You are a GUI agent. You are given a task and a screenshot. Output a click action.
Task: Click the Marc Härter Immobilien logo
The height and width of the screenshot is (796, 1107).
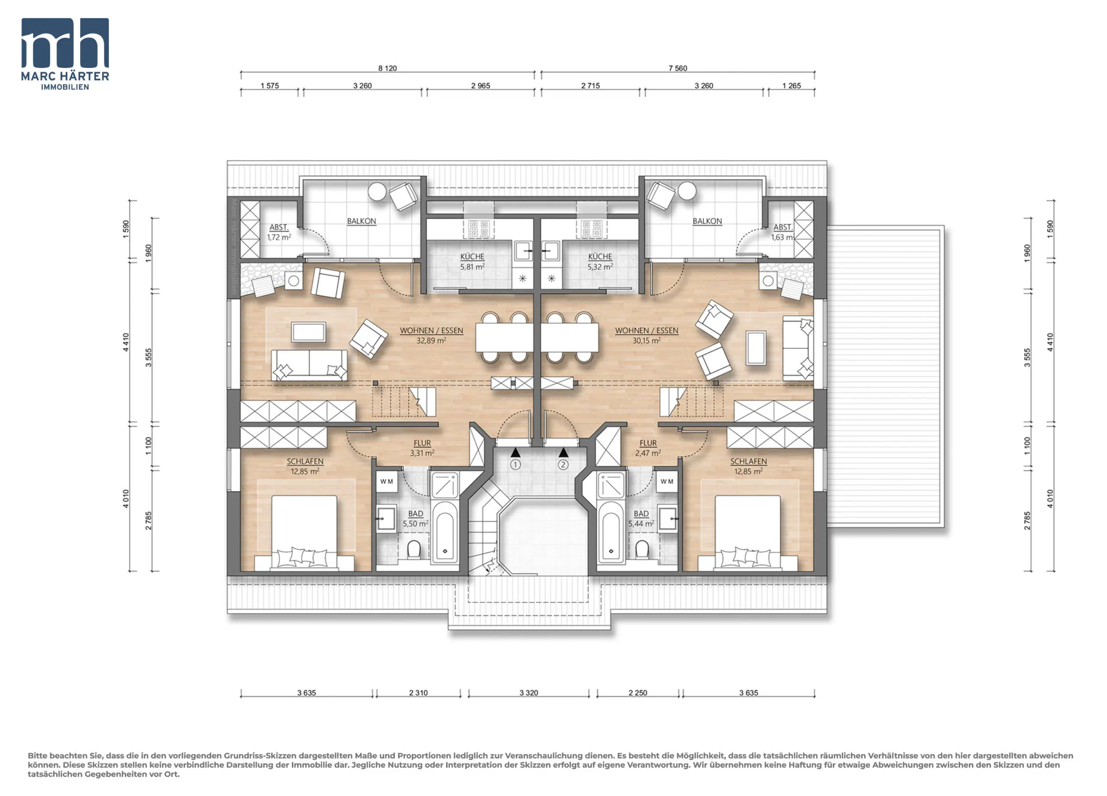(65, 54)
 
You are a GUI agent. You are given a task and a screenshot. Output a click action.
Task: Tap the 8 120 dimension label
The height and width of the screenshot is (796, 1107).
(387, 68)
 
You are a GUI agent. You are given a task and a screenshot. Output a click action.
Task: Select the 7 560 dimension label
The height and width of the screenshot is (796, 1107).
(678, 68)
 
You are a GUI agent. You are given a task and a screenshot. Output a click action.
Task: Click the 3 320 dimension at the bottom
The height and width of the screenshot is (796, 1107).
(528, 693)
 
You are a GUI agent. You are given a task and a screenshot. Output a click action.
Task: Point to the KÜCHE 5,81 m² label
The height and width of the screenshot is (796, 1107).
(472, 262)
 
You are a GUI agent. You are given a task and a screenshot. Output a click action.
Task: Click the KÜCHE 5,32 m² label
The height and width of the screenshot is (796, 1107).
(600, 262)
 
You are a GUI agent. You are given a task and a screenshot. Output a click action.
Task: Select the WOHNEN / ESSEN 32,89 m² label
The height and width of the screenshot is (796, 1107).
(432, 335)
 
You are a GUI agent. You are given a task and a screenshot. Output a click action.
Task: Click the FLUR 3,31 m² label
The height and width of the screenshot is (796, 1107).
(422, 448)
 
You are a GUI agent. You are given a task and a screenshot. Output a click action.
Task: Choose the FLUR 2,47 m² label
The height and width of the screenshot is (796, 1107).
(648, 448)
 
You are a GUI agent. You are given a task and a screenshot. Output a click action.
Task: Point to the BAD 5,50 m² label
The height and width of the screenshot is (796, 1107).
(416, 519)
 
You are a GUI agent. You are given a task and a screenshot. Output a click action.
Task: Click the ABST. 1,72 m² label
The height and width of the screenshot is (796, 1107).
(279, 232)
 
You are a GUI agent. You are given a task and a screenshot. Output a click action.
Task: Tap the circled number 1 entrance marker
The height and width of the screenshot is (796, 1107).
(515, 465)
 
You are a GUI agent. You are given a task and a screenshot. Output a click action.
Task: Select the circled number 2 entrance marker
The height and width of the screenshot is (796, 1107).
(563, 465)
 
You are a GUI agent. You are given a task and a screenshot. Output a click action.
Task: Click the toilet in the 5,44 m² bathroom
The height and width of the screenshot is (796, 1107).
(642, 549)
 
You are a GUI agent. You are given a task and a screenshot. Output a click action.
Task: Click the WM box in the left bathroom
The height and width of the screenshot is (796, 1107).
(387, 481)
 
